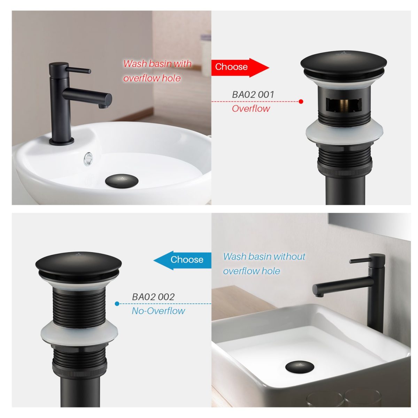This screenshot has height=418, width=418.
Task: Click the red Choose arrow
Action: point(240,68)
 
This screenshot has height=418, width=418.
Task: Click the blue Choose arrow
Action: point(183,260)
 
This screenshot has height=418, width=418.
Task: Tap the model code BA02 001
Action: point(253,95)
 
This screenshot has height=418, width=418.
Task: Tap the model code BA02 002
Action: point(153,297)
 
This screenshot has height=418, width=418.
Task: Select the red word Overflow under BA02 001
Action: point(251,108)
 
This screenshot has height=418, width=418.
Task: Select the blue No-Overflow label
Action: point(158,311)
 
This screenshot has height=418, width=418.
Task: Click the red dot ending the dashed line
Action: point(301,101)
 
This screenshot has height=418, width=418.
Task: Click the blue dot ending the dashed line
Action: point(117,304)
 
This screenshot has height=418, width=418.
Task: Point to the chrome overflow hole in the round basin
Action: point(88,159)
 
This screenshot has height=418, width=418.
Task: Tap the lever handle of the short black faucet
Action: point(78,70)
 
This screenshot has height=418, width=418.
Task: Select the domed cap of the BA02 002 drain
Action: point(78,264)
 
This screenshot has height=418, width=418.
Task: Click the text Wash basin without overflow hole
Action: point(264,264)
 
